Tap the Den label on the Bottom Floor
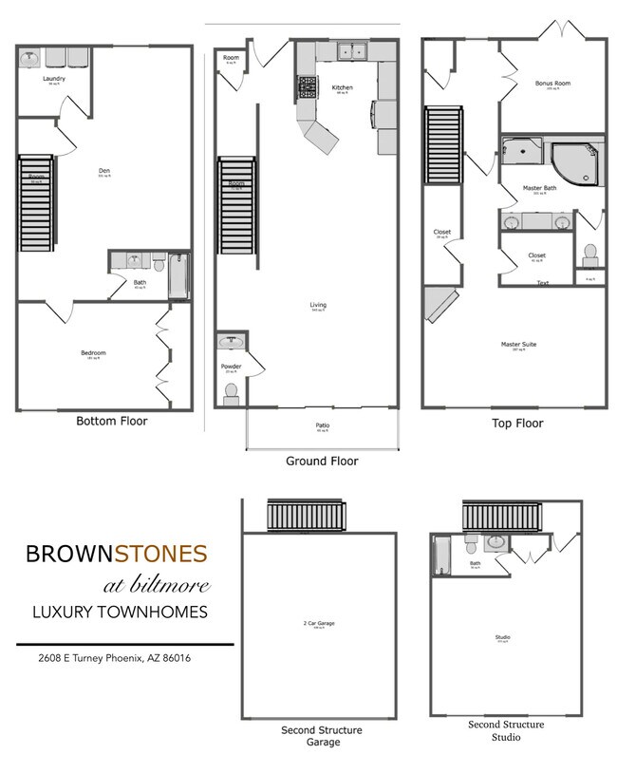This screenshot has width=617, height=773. (104, 171)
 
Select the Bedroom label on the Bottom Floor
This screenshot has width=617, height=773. (93, 353)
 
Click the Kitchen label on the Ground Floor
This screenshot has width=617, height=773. (342, 87)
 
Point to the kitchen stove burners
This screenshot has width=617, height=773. (308, 89)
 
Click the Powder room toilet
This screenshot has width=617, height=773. (230, 391)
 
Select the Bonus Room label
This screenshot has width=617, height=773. (552, 84)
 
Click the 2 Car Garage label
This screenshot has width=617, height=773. (319, 624)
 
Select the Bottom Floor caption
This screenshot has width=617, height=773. (112, 420)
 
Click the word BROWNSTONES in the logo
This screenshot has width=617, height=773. (117, 553)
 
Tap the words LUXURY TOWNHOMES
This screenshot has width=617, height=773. (120, 613)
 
